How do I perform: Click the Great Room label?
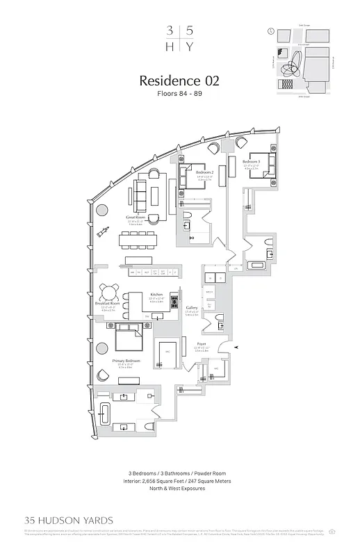134,217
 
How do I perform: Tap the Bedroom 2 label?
204,172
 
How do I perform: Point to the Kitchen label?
156,295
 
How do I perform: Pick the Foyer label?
202,343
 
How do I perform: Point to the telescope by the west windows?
104,231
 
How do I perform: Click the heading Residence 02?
179,81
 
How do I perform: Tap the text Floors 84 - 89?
179,95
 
